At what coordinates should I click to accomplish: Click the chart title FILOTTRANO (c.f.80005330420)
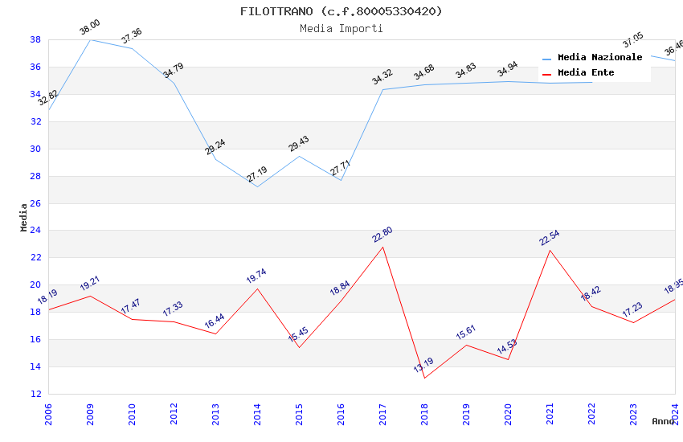coord(341,11)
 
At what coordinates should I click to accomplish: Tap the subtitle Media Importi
coord(341,28)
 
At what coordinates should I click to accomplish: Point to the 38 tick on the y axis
coord(35,39)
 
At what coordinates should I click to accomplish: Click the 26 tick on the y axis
coord(35,203)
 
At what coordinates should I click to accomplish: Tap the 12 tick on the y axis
coord(35,394)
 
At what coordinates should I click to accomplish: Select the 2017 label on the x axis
coord(382,415)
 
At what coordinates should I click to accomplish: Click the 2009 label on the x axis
coord(90,415)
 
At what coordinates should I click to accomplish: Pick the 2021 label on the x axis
coord(550,415)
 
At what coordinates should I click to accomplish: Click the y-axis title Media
coord(24,217)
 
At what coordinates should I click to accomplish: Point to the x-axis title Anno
coord(663,421)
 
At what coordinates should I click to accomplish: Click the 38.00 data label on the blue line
coord(90,30)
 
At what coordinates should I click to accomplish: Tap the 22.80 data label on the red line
coord(382,235)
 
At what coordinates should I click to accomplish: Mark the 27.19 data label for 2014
coord(257,175)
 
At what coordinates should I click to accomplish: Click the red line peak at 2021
coord(550,250)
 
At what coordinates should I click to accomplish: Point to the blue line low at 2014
coord(257,186)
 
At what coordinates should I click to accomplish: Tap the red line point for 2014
coord(257,289)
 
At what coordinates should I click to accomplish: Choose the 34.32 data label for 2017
coord(382,78)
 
